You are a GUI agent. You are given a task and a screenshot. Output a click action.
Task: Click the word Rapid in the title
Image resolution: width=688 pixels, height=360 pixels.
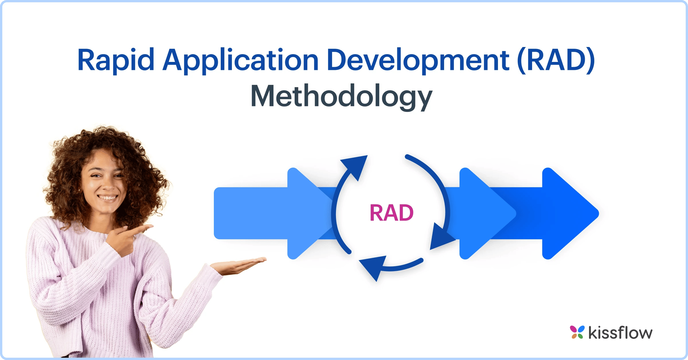click(x=116, y=60)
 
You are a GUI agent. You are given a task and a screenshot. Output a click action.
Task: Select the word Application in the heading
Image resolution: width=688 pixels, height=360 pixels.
click(x=241, y=60)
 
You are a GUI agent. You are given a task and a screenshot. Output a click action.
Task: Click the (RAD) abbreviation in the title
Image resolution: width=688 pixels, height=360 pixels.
click(x=556, y=60)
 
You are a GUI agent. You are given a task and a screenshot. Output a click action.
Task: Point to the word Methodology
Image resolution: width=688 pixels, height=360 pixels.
click(x=341, y=97)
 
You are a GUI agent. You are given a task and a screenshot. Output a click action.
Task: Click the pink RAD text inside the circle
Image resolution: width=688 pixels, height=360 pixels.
click(x=391, y=213)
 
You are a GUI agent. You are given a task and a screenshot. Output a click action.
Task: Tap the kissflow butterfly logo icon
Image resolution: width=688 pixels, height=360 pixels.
click(x=577, y=332)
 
